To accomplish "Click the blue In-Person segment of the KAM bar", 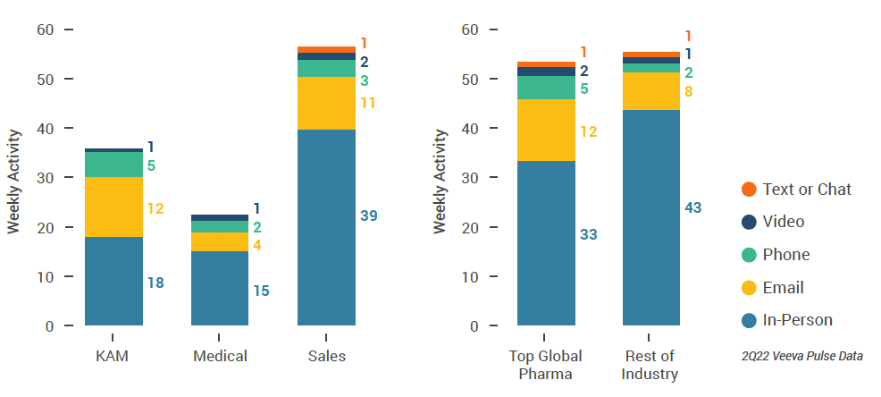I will point(113,280).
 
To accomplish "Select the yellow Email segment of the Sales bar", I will point(326,103).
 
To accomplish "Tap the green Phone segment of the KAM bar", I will point(113,165).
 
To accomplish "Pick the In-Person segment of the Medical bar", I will point(220,288).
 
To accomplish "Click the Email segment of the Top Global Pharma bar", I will point(546,130).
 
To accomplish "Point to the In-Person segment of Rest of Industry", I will point(651,217).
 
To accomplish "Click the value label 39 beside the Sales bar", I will point(368,216).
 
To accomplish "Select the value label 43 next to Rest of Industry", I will point(692,207).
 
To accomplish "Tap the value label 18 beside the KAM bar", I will point(156,283).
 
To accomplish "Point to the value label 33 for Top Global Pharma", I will point(588,234).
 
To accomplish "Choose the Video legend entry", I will point(784,222).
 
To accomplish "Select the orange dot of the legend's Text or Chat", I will point(749,189).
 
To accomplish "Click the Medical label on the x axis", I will point(220,356).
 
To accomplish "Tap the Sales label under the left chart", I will point(326,356).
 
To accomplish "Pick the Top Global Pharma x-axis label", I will point(546,365).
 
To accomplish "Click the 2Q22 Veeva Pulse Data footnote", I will point(802,356).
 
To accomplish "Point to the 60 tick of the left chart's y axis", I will point(45,30).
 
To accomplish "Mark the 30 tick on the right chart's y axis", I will point(471,178).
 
